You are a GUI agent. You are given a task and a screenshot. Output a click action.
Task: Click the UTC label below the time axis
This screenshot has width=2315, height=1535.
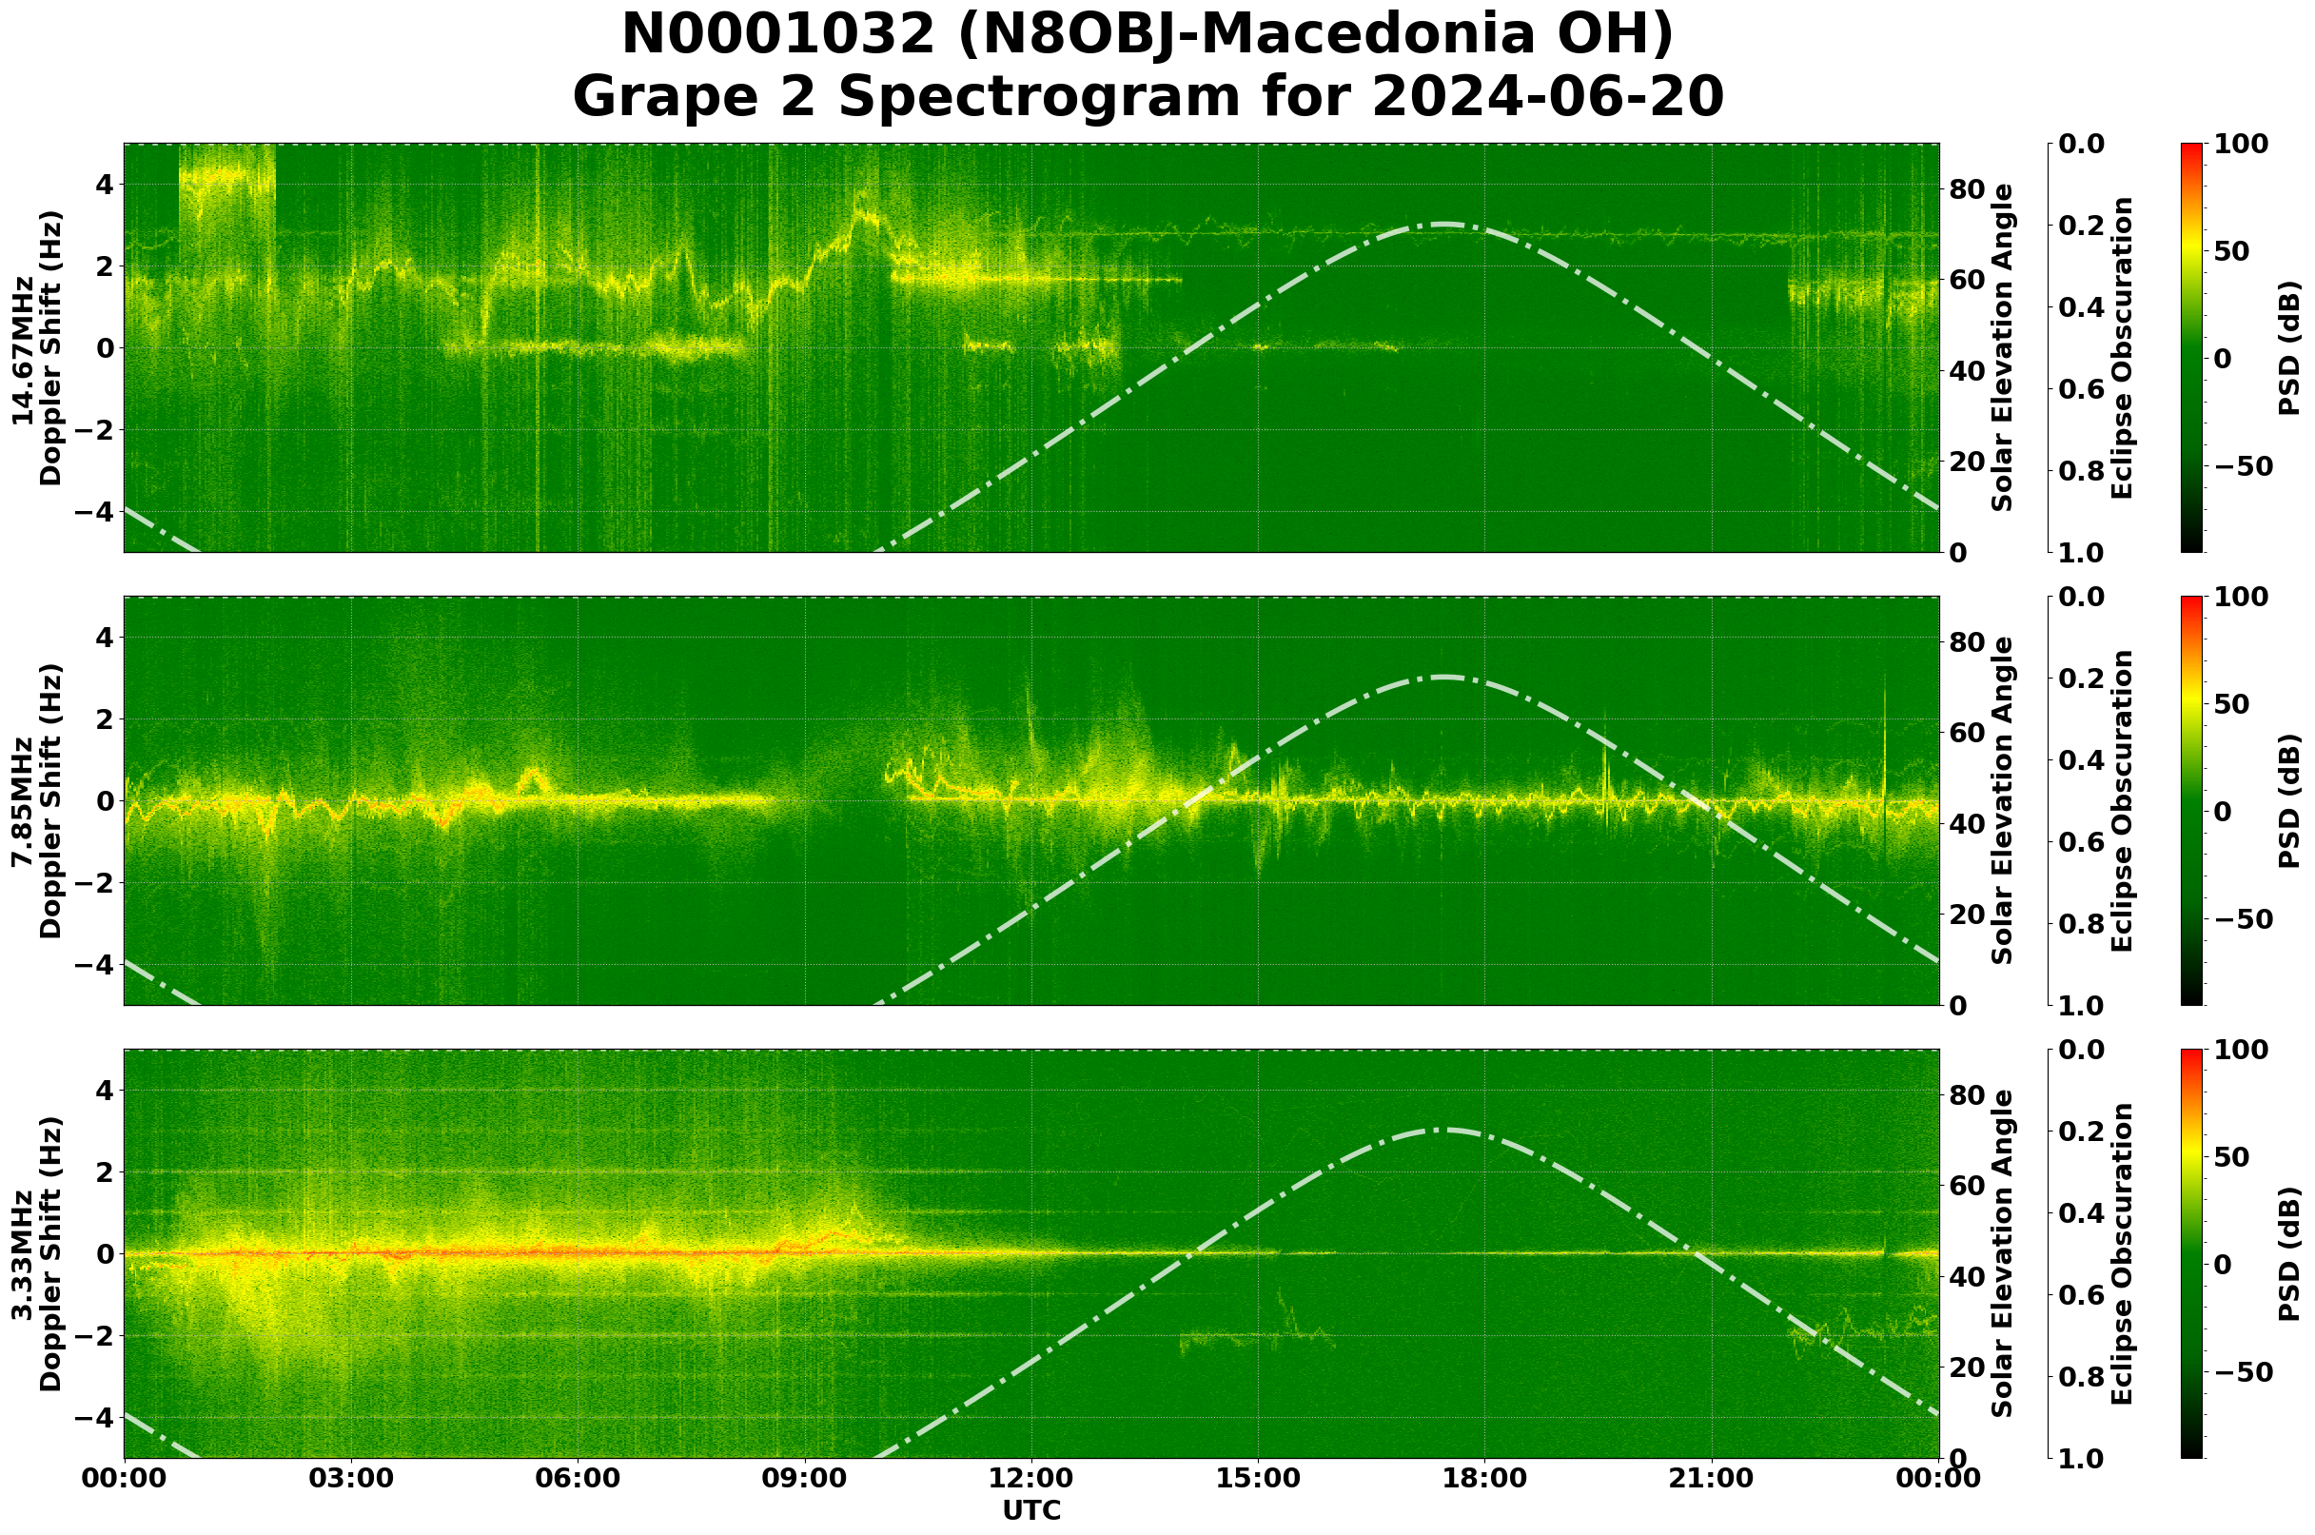1030,1510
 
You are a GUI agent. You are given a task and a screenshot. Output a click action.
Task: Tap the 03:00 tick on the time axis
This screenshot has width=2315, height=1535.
350,1479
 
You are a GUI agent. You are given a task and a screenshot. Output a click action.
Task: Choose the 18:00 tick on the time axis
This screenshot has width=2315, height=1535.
1484,1479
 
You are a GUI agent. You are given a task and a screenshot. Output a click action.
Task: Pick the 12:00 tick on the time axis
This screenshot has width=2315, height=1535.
1030,1479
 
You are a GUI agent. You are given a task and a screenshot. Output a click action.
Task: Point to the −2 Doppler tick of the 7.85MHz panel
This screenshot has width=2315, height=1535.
94,883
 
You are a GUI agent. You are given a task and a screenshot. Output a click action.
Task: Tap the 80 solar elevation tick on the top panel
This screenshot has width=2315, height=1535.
1965,189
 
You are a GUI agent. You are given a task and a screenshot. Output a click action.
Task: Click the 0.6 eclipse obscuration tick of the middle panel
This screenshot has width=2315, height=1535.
2083,843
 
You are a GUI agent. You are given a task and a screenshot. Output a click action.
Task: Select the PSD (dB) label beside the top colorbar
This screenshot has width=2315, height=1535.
2289,349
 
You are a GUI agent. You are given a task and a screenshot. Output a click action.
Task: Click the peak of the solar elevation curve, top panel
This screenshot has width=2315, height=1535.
1443,225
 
